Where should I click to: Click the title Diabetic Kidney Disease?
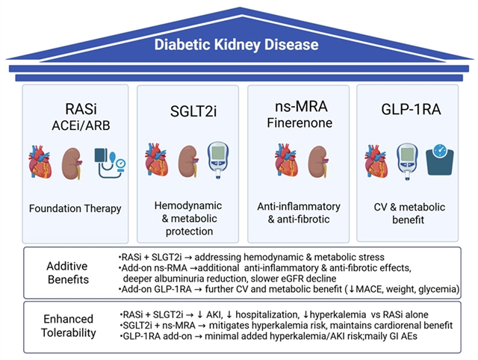[x=237, y=45]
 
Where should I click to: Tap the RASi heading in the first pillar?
[x=81, y=109]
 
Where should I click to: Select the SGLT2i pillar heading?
[x=193, y=111]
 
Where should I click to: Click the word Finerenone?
[x=299, y=122]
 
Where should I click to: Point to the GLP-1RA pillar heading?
[x=411, y=110]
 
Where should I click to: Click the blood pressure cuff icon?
[x=110, y=163]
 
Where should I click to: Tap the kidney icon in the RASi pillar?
[x=72, y=164]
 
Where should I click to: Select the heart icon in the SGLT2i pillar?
[x=157, y=160]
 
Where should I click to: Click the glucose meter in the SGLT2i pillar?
[x=218, y=160]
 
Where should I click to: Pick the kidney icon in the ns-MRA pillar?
[x=319, y=161]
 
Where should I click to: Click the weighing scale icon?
[x=440, y=160]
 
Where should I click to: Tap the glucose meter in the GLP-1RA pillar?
[x=407, y=161]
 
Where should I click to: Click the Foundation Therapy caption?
[x=75, y=208]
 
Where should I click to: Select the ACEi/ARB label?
[x=81, y=125]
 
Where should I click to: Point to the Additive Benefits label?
[x=68, y=273]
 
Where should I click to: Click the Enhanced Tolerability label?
[x=68, y=326]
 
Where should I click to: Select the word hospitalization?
[x=267, y=315]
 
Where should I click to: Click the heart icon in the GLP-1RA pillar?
[x=376, y=161]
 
